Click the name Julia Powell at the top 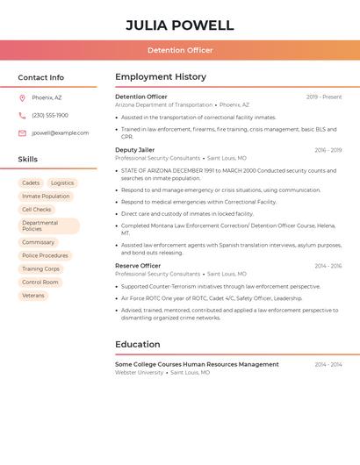180,25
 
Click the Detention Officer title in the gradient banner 180,50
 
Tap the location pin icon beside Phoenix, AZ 22,97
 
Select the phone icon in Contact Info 22,115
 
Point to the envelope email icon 22,133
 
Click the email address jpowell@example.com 60,133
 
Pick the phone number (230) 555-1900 50,115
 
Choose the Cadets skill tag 31,183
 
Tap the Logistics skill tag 62,183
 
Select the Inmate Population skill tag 46,197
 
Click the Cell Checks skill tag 37,210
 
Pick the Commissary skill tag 39,242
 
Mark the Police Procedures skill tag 45,255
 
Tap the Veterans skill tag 33,296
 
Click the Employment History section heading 161,77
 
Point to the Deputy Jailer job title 134,150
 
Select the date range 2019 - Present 324,97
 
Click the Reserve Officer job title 138,266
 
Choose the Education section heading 138,345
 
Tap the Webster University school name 139,373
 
